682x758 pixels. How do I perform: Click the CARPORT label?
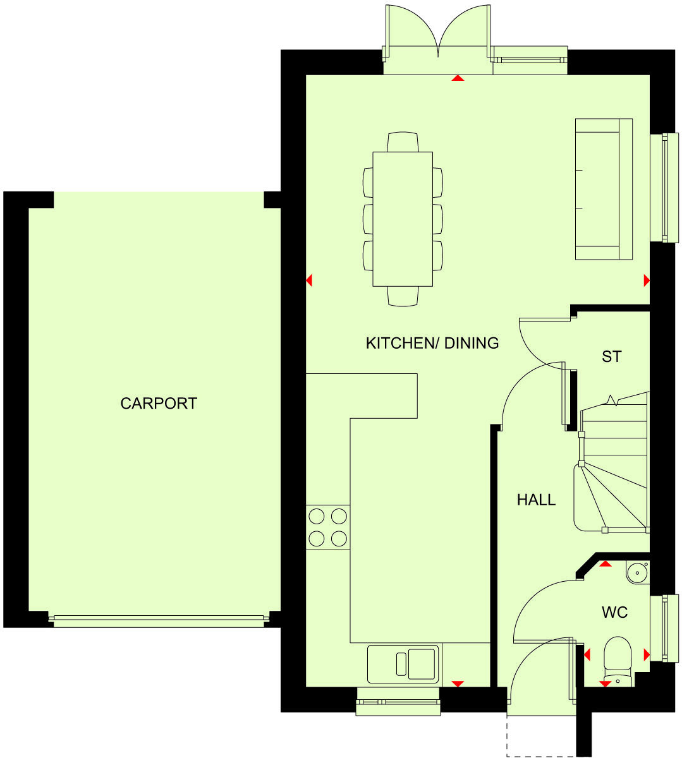coord(159,403)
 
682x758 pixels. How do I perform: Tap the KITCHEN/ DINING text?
coord(432,343)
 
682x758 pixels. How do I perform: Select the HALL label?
coord(536,500)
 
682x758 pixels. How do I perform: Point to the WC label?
coord(614,612)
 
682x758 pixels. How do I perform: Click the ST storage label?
coord(611,357)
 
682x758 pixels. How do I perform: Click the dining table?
coord(403,219)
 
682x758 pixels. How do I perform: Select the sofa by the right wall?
coord(603,189)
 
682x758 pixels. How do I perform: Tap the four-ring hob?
coord(327,527)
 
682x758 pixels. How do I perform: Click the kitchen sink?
coord(403,663)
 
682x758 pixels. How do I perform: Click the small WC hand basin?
coord(637,572)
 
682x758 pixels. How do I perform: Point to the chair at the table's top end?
coord(403,141)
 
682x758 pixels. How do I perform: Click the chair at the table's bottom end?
coord(403,296)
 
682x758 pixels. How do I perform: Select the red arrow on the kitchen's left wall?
coord(309,280)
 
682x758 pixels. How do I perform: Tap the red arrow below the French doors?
coord(458,78)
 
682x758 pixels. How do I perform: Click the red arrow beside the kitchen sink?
coord(458,683)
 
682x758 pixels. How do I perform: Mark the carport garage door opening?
coord(158,620)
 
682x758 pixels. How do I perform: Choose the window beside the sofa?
coord(664,188)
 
